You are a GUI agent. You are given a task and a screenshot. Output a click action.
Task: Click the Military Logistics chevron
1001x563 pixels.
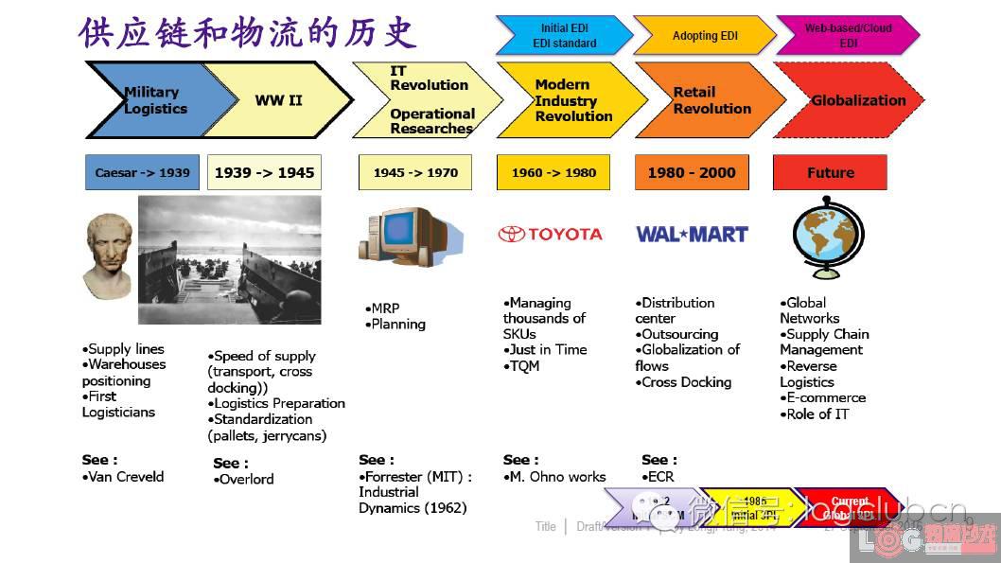[x=151, y=100]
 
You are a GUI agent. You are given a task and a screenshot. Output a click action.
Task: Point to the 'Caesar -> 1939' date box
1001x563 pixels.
[x=142, y=173]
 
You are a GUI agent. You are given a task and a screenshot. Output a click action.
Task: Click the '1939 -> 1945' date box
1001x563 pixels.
[x=264, y=173]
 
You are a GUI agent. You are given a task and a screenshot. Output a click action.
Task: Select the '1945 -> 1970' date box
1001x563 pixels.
[x=415, y=173]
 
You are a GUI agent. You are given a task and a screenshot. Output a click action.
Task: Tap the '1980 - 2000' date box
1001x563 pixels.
[x=691, y=173]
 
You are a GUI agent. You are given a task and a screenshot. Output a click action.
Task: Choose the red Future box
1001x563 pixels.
[x=830, y=173]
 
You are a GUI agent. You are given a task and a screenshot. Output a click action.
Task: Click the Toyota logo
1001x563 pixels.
[x=551, y=234]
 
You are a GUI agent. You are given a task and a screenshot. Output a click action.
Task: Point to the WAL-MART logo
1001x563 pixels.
[x=692, y=234]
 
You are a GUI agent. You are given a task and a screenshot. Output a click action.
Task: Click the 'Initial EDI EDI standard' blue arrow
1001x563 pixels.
[x=564, y=36]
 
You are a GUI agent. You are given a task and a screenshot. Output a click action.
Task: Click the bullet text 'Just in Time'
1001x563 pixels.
[x=548, y=350]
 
